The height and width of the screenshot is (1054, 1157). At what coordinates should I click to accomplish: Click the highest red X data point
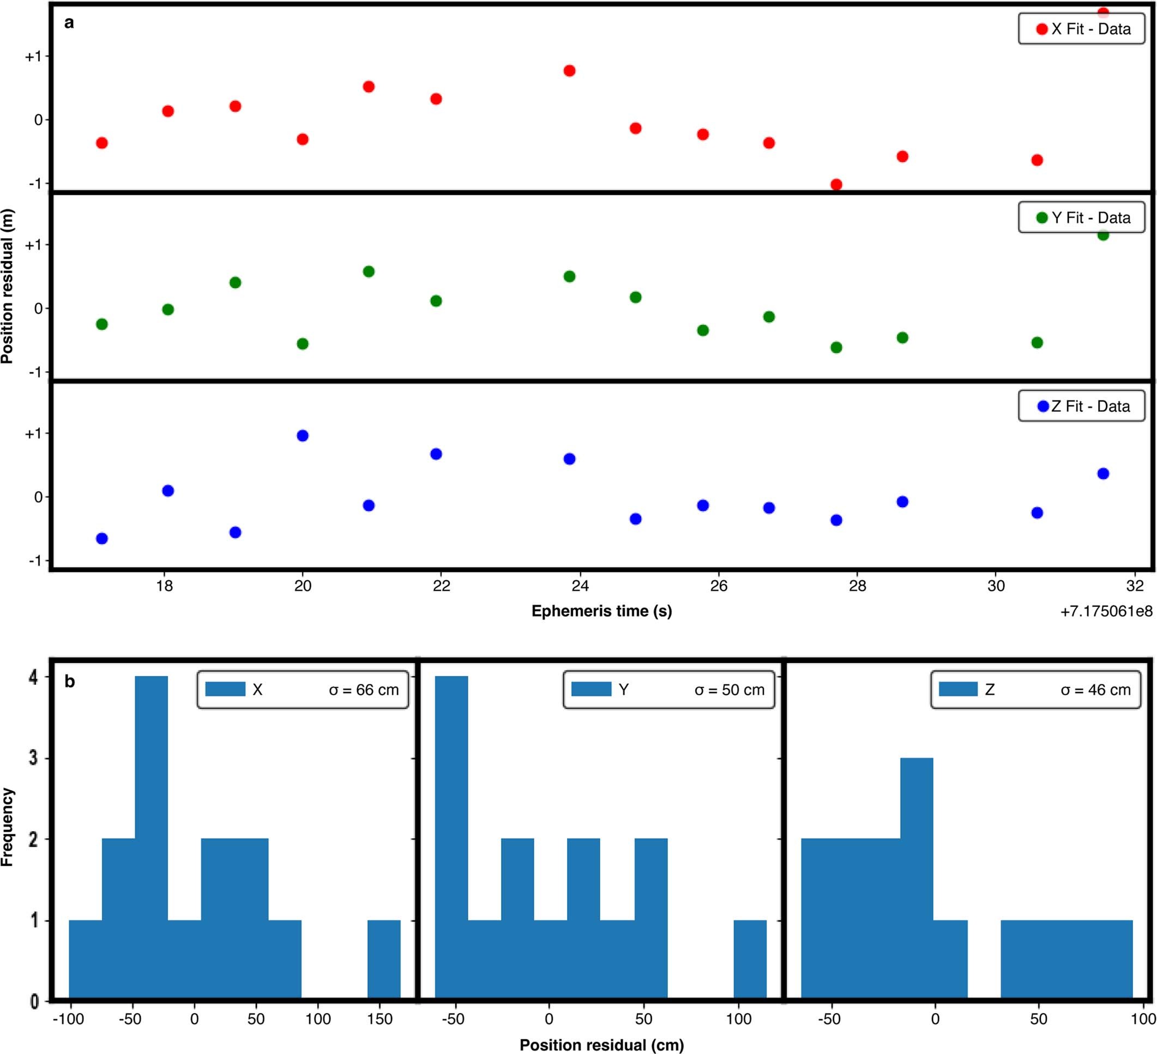pos(1102,12)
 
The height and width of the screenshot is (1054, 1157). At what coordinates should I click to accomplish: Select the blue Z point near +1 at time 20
pos(303,436)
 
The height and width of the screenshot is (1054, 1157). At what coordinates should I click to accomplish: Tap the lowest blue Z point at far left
pos(102,539)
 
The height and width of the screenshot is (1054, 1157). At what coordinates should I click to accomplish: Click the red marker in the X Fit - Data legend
pos(1041,29)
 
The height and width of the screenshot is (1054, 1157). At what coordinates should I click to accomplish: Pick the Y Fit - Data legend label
pos(1090,218)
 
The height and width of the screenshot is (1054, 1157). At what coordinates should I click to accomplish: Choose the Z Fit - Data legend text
pos(1090,406)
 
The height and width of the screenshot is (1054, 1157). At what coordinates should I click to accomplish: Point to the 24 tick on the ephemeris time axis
pos(580,586)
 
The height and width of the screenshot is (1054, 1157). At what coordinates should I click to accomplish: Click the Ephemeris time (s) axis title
pos(601,611)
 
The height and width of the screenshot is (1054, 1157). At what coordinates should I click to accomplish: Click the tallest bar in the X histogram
pos(152,838)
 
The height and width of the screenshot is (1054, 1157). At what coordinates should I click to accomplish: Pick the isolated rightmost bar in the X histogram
pos(383,959)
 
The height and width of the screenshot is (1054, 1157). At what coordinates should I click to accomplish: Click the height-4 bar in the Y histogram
pos(451,838)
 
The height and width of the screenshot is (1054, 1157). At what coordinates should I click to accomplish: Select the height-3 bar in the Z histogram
pos(917,878)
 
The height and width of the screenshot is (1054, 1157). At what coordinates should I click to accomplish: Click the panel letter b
pos(69,682)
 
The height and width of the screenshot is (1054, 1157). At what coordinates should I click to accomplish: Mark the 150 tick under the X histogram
pos(380,1020)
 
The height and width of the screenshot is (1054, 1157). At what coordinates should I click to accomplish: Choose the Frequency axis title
pos(8,827)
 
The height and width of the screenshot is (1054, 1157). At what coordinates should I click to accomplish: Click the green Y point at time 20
pos(303,344)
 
